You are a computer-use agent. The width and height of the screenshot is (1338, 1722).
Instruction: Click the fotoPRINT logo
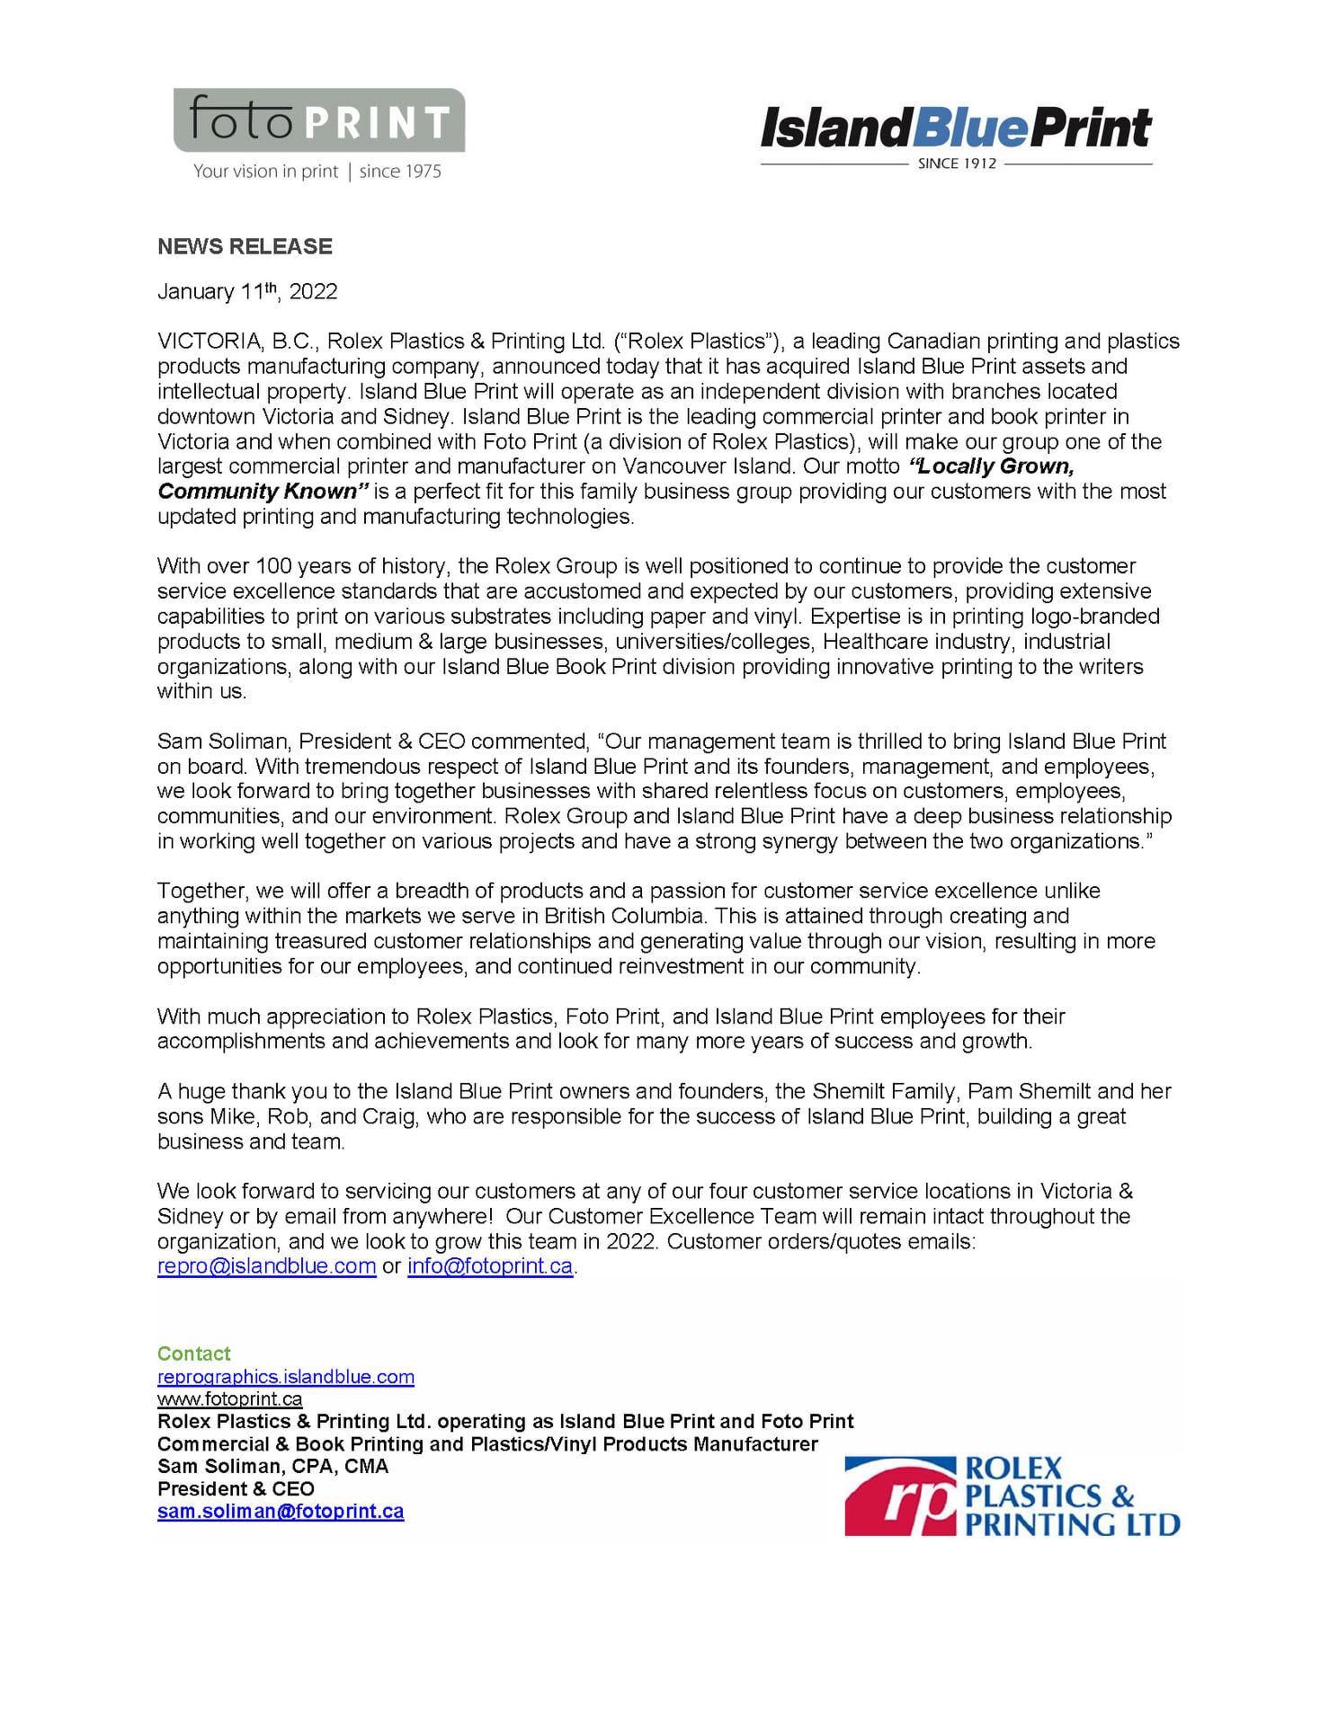click(x=319, y=120)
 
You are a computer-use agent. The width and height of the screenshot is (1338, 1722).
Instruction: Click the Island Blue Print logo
click(x=956, y=129)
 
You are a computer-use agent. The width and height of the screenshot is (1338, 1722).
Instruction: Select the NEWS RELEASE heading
click(x=245, y=246)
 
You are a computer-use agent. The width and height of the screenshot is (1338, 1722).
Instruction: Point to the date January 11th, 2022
click(x=247, y=292)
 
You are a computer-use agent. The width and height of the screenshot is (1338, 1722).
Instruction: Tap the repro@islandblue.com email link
click(x=266, y=1266)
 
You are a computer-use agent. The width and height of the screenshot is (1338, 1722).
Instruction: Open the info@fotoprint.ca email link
click(x=490, y=1266)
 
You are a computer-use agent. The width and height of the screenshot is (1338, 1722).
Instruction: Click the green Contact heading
click(x=193, y=1354)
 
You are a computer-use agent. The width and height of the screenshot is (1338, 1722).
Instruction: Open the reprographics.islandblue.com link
click(x=285, y=1377)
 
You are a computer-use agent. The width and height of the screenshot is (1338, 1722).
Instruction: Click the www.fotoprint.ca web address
click(x=229, y=1399)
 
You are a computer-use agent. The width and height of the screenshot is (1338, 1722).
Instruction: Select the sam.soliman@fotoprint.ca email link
click(x=281, y=1512)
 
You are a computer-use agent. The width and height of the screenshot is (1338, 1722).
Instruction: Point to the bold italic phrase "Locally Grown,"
click(x=993, y=466)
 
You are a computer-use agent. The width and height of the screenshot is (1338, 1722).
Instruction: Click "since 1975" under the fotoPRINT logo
click(x=400, y=172)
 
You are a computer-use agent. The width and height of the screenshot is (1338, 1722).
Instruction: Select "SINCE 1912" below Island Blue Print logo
click(x=957, y=164)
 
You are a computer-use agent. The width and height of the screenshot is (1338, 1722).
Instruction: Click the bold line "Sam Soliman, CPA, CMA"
click(x=272, y=1467)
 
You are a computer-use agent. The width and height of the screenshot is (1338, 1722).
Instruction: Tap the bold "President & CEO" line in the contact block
click(x=236, y=1489)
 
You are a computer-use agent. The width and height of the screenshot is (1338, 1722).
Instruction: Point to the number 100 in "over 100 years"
click(x=272, y=566)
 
